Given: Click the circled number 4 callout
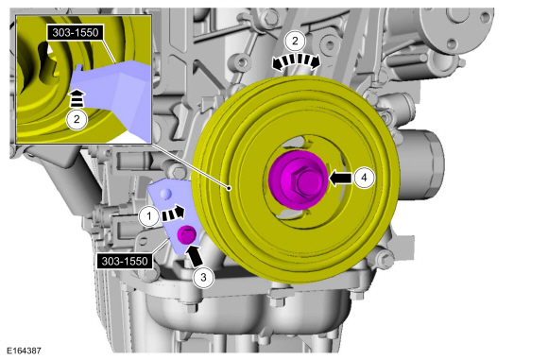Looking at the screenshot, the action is (x=364, y=178).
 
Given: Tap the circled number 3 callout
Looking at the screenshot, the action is (x=203, y=278).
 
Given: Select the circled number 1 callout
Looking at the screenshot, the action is (x=149, y=216).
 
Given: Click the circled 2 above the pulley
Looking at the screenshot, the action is (x=295, y=42).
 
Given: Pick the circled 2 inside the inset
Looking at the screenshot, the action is (x=77, y=119).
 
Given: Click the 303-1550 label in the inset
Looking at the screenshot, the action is (x=76, y=33).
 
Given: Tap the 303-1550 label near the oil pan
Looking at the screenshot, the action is (x=125, y=261).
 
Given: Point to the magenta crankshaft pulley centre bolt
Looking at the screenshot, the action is (x=299, y=180).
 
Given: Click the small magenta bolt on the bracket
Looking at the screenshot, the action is (x=186, y=234).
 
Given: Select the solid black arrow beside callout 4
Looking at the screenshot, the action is (x=341, y=178).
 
